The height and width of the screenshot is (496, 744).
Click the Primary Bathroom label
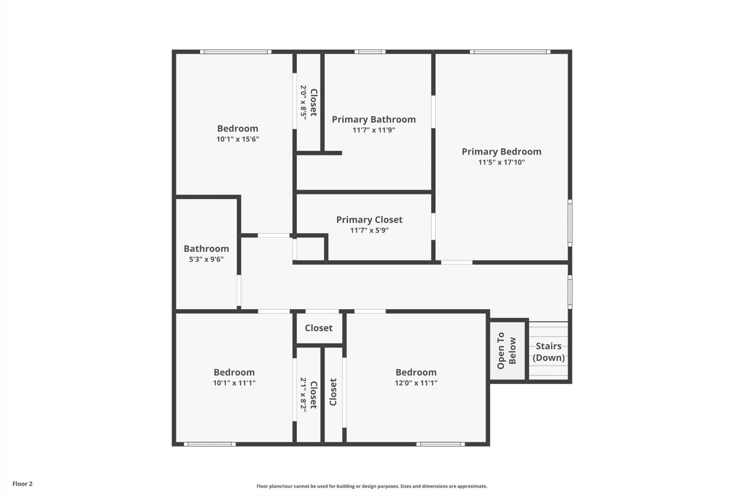[x=374, y=119]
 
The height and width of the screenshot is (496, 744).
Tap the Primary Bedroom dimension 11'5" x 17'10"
[x=501, y=162]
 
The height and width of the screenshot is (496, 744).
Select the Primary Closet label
[x=369, y=220]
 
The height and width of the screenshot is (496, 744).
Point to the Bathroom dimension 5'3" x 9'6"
[x=206, y=259]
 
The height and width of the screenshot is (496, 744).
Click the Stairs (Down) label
[x=548, y=352]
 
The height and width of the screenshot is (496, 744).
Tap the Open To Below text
[x=506, y=351]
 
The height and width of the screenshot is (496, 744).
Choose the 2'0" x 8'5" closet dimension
[x=303, y=102]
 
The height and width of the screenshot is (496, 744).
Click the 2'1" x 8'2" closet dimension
[x=303, y=394]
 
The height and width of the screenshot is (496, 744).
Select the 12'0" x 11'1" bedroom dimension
[x=416, y=383]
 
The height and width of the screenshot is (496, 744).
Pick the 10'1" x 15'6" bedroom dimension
[x=238, y=139]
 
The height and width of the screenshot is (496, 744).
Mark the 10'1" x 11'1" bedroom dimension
[x=234, y=383]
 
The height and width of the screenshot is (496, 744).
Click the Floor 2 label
[x=22, y=484]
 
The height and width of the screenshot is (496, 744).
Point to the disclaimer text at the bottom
[x=372, y=486]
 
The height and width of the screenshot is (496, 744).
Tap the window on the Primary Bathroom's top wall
[x=370, y=52]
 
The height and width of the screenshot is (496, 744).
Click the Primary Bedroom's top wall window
[x=510, y=52]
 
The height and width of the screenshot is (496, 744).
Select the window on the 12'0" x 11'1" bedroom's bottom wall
[x=441, y=444]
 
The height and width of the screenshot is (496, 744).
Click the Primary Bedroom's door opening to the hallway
[x=456, y=262]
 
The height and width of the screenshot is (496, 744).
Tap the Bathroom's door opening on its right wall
[x=239, y=291]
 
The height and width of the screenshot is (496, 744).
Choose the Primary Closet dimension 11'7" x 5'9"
[x=369, y=231]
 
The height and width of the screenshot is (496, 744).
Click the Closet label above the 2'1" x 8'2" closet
[x=319, y=328]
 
